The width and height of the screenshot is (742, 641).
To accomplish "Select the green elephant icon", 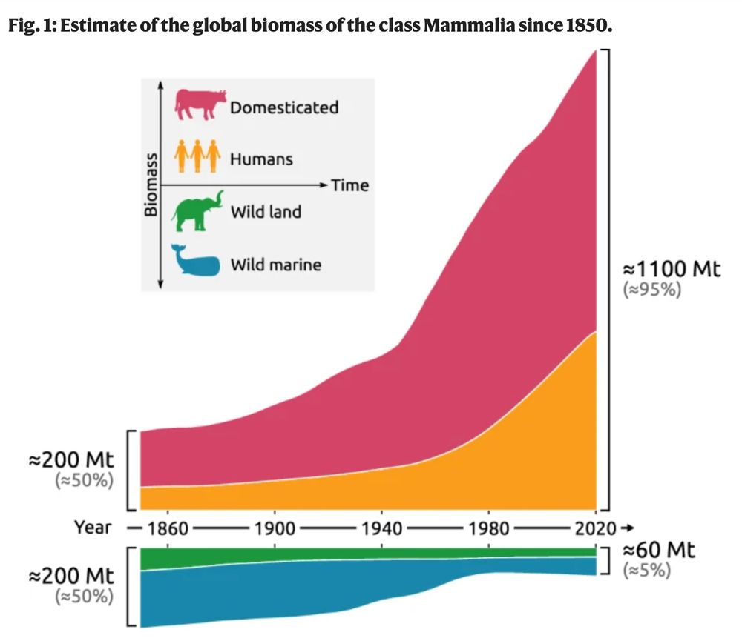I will (197, 210).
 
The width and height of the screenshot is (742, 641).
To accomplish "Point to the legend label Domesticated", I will (284, 107).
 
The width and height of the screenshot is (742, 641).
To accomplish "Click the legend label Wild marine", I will (276, 264).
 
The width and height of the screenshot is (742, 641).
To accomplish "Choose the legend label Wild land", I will (266, 212).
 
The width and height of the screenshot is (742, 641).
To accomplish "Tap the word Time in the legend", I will (349, 185).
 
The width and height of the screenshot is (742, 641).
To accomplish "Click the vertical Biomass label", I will (151, 185).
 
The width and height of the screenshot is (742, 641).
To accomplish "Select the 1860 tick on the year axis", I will (168, 528).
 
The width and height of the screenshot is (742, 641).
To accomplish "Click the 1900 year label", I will (275, 528).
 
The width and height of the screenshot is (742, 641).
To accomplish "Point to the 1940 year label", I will (381, 528).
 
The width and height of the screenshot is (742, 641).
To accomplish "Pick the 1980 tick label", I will (488, 528).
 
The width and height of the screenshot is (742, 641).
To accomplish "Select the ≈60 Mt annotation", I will (660, 551).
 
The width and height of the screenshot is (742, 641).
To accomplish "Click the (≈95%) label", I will (651, 290).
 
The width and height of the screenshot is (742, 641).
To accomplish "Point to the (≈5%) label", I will (646, 571).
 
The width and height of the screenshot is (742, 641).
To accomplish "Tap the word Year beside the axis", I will (92, 528).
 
